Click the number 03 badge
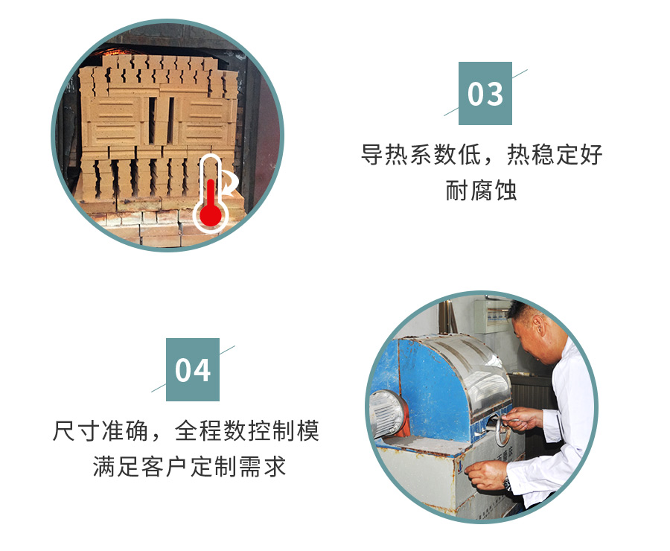485,93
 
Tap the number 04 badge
193,369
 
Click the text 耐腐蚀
481,190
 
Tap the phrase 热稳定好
555,154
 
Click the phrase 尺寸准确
100,430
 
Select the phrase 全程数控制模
247,430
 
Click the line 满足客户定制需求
189,466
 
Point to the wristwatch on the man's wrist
507,484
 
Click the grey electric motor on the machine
388,413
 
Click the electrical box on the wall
491,315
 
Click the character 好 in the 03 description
591,154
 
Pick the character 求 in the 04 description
274,466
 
